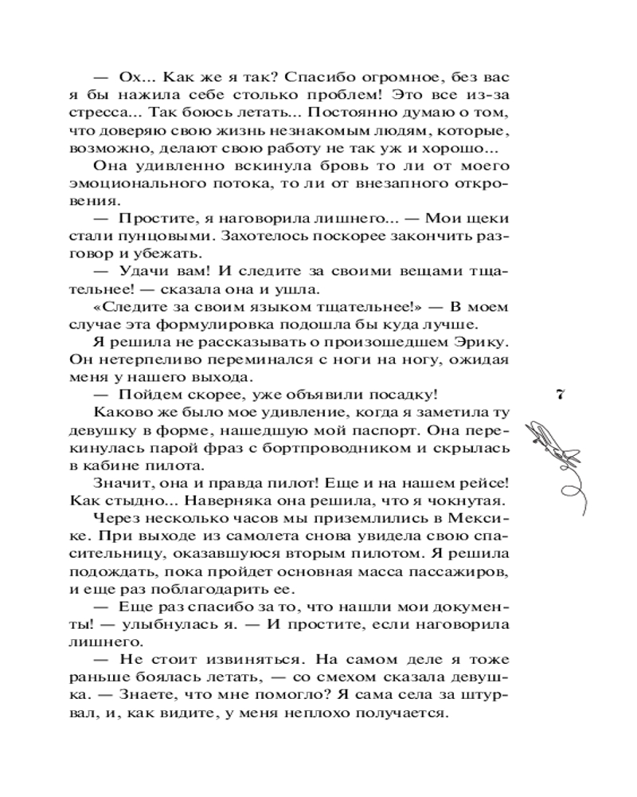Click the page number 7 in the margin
click(x=562, y=395)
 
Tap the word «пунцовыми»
click(x=176, y=237)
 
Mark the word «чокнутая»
click(x=461, y=500)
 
